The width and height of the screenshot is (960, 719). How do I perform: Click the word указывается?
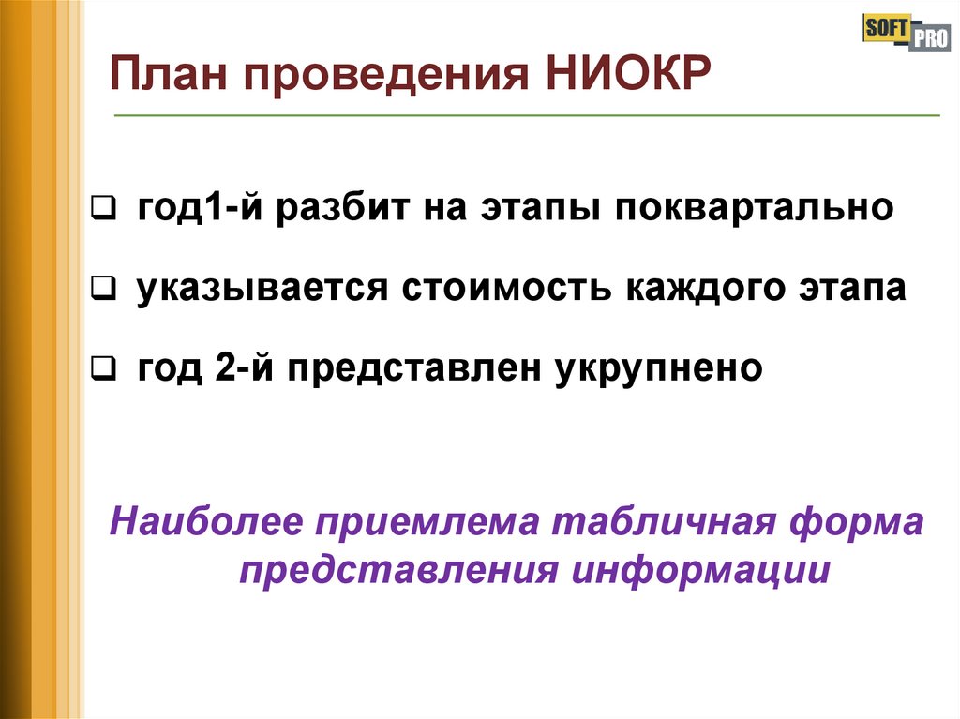(262, 290)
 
